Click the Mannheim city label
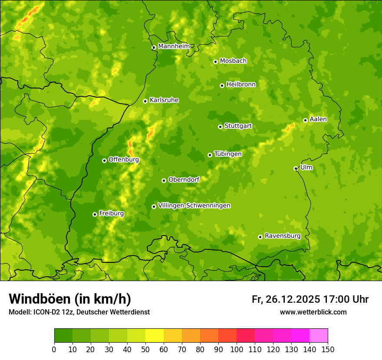click(174, 46)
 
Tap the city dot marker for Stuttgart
click(220, 127)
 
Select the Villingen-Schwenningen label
click(194, 206)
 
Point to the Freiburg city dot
click(95, 214)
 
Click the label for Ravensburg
click(282, 236)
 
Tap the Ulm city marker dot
click(296, 168)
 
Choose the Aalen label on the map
click(318, 119)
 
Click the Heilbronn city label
click(241, 85)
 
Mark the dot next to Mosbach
click(215, 62)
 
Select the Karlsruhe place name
click(164, 100)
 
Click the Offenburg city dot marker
click(104, 160)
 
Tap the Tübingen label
click(227, 154)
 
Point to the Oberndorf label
click(184, 180)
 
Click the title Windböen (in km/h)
click(70, 299)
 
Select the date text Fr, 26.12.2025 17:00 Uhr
click(310, 299)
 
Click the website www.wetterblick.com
click(313, 312)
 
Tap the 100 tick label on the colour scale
click(237, 349)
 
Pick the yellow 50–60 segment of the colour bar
click(155, 336)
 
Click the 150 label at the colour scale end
click(328, 349)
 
